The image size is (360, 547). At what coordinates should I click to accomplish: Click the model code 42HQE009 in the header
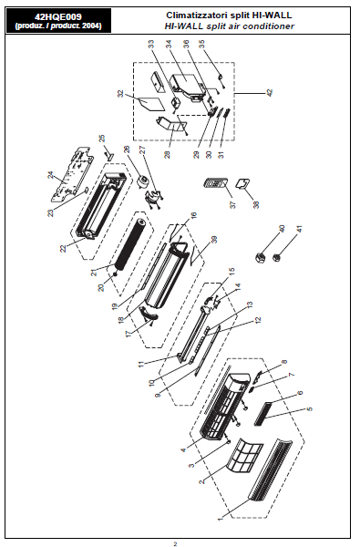(58, 16)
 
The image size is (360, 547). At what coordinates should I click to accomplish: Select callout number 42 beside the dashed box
(269, 93)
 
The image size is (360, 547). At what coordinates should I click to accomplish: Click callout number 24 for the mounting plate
(51, 175)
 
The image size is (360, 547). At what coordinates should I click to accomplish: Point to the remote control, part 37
(216, 183)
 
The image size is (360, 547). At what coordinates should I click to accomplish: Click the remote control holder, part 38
(242, 183)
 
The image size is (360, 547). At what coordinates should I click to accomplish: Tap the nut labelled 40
(260, 258)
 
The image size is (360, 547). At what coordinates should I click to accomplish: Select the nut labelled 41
(277, 258)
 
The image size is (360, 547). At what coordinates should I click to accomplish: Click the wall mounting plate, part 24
(73, 174)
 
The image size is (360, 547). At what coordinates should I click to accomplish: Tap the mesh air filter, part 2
(245, 455)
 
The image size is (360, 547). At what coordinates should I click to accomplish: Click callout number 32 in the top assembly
(120, 94)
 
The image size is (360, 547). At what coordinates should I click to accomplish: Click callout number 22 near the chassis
(63, 248)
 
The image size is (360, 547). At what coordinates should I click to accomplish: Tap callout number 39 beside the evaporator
(214, 240)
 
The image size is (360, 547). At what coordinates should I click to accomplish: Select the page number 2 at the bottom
(176, 543)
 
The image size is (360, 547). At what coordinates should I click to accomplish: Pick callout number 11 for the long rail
(141, 364)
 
